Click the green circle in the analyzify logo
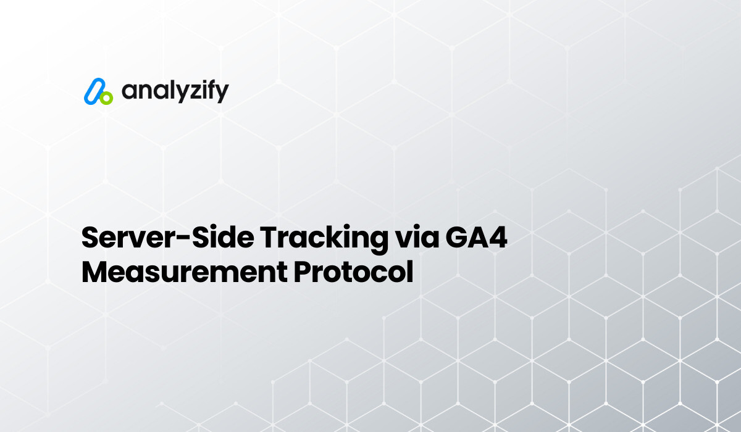[106, 98]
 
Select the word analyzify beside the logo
[175, 91]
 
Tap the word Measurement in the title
[183, 272]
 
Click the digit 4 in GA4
[497, 238]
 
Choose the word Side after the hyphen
[214, 238]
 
